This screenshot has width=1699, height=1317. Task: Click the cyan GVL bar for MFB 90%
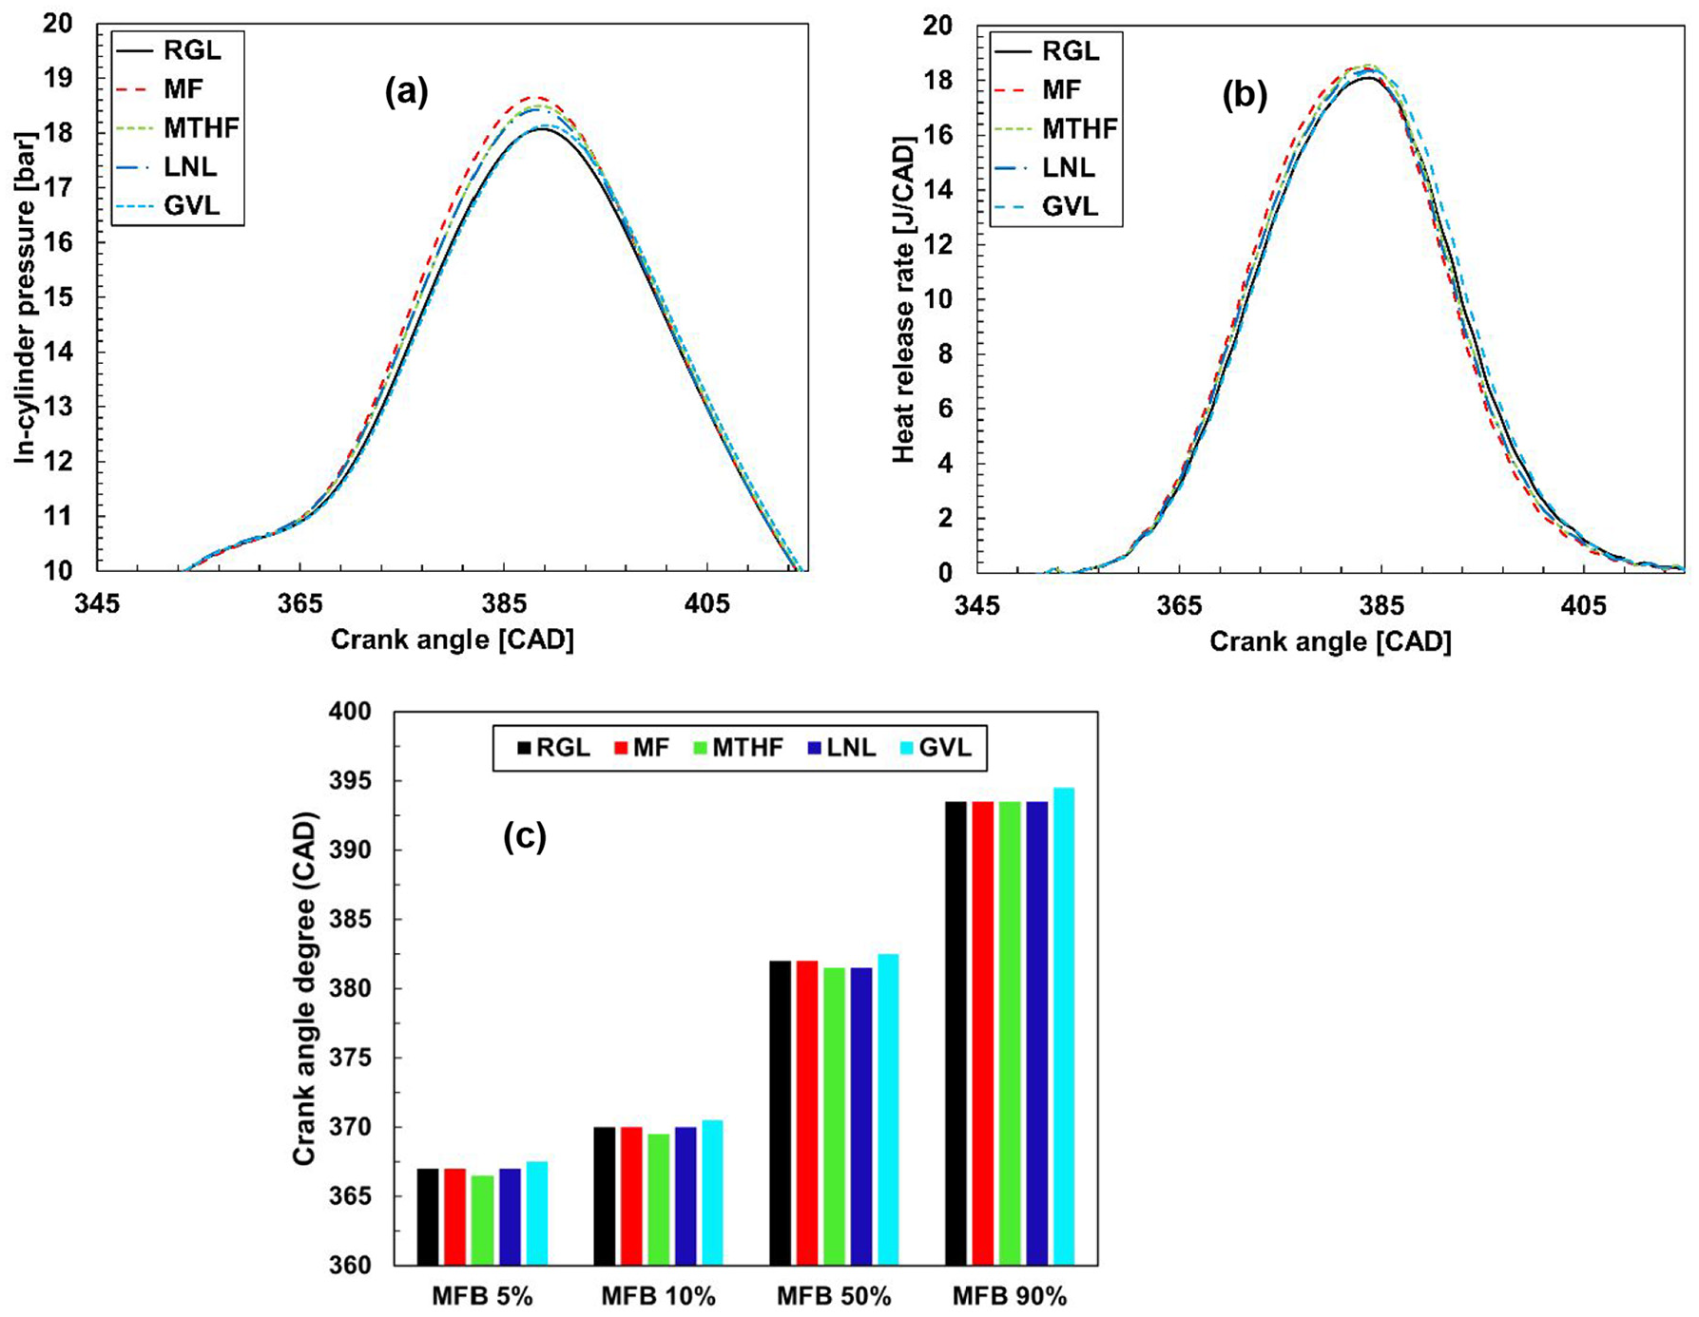coord(1064,1026)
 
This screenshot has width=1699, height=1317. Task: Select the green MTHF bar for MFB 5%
coord(482,1221)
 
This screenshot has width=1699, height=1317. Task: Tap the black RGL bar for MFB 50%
coord(781,1114)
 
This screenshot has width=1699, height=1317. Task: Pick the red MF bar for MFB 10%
coord(631,1196)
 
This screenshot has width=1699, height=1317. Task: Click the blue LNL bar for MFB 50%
coord(861,1117)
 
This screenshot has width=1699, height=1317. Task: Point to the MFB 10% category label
coord(658,1296)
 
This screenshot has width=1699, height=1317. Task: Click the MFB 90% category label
coord(1010,1296)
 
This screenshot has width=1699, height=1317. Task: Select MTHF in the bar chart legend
coord(748,748)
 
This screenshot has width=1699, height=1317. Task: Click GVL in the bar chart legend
coord(945,748)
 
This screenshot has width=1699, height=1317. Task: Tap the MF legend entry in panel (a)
coord(183,89)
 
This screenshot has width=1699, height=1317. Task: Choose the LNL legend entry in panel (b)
coord(1069,167)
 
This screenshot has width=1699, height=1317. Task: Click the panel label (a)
coord(406,91)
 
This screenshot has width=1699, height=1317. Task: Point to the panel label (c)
coord(525,836)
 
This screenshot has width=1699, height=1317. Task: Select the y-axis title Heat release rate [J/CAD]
coord(903,299)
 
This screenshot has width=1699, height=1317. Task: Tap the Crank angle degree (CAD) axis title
coord(303,988)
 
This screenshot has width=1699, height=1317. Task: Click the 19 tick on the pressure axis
coord(58,78)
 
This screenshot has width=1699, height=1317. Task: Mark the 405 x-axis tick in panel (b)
coord(1584,605)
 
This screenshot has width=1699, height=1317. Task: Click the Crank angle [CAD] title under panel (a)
coord(453,639)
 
